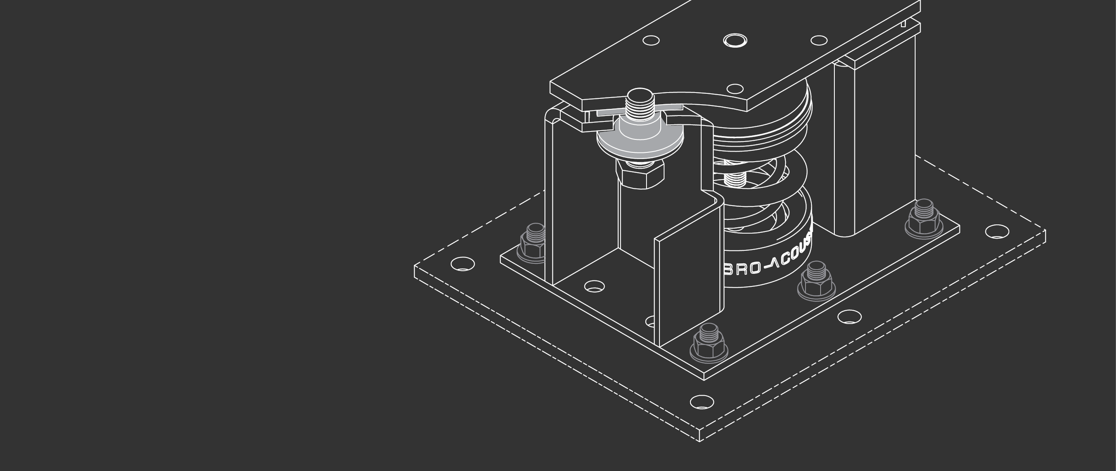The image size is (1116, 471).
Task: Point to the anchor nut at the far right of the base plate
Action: point(924,219)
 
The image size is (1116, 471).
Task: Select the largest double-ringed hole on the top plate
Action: point(735,41)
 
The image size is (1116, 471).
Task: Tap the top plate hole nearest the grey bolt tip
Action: point(734,89)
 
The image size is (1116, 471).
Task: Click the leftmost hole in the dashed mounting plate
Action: point(463,263)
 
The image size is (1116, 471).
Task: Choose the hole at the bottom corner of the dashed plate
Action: point(702,402)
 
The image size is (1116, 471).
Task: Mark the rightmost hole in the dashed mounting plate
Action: point(997,232)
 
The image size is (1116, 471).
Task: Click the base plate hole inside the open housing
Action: point(594,286)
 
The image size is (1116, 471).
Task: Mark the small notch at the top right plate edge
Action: point(903,24)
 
